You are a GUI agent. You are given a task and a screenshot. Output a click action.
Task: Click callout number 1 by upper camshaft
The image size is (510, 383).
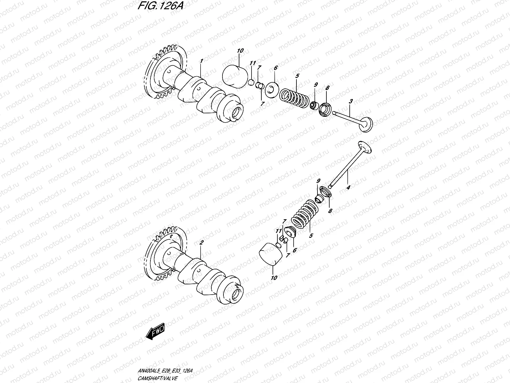[201, 61]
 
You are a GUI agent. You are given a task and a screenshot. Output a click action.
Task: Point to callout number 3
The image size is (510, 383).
[351, 102]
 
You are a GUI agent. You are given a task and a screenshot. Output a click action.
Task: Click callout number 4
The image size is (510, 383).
[348, 188]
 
